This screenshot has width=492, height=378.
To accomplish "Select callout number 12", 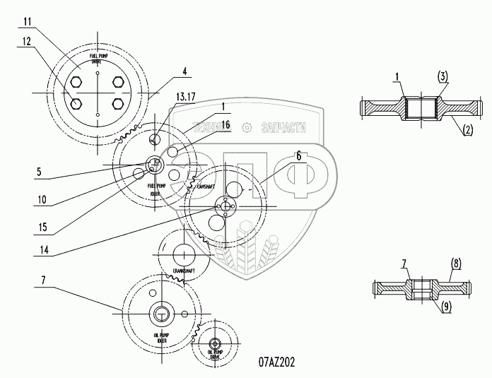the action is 25,42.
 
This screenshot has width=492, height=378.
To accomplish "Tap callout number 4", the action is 184,71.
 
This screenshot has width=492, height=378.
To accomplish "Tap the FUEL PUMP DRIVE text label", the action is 98,59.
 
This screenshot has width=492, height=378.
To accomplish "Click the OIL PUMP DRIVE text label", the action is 216,355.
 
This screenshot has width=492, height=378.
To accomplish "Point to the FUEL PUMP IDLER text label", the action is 155,188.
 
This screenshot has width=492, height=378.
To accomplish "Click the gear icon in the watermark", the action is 247,127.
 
